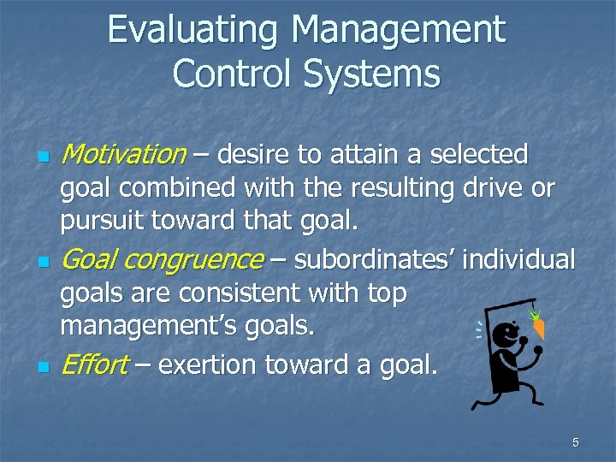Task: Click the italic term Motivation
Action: pyautogui.click(x=124, y=155)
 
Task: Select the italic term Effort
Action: pyautogui.click(x=94, y=364)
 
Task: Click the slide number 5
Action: pyautogui.click(x=576, y=442)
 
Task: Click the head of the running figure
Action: pyautogui.click(x=506, y=335)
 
